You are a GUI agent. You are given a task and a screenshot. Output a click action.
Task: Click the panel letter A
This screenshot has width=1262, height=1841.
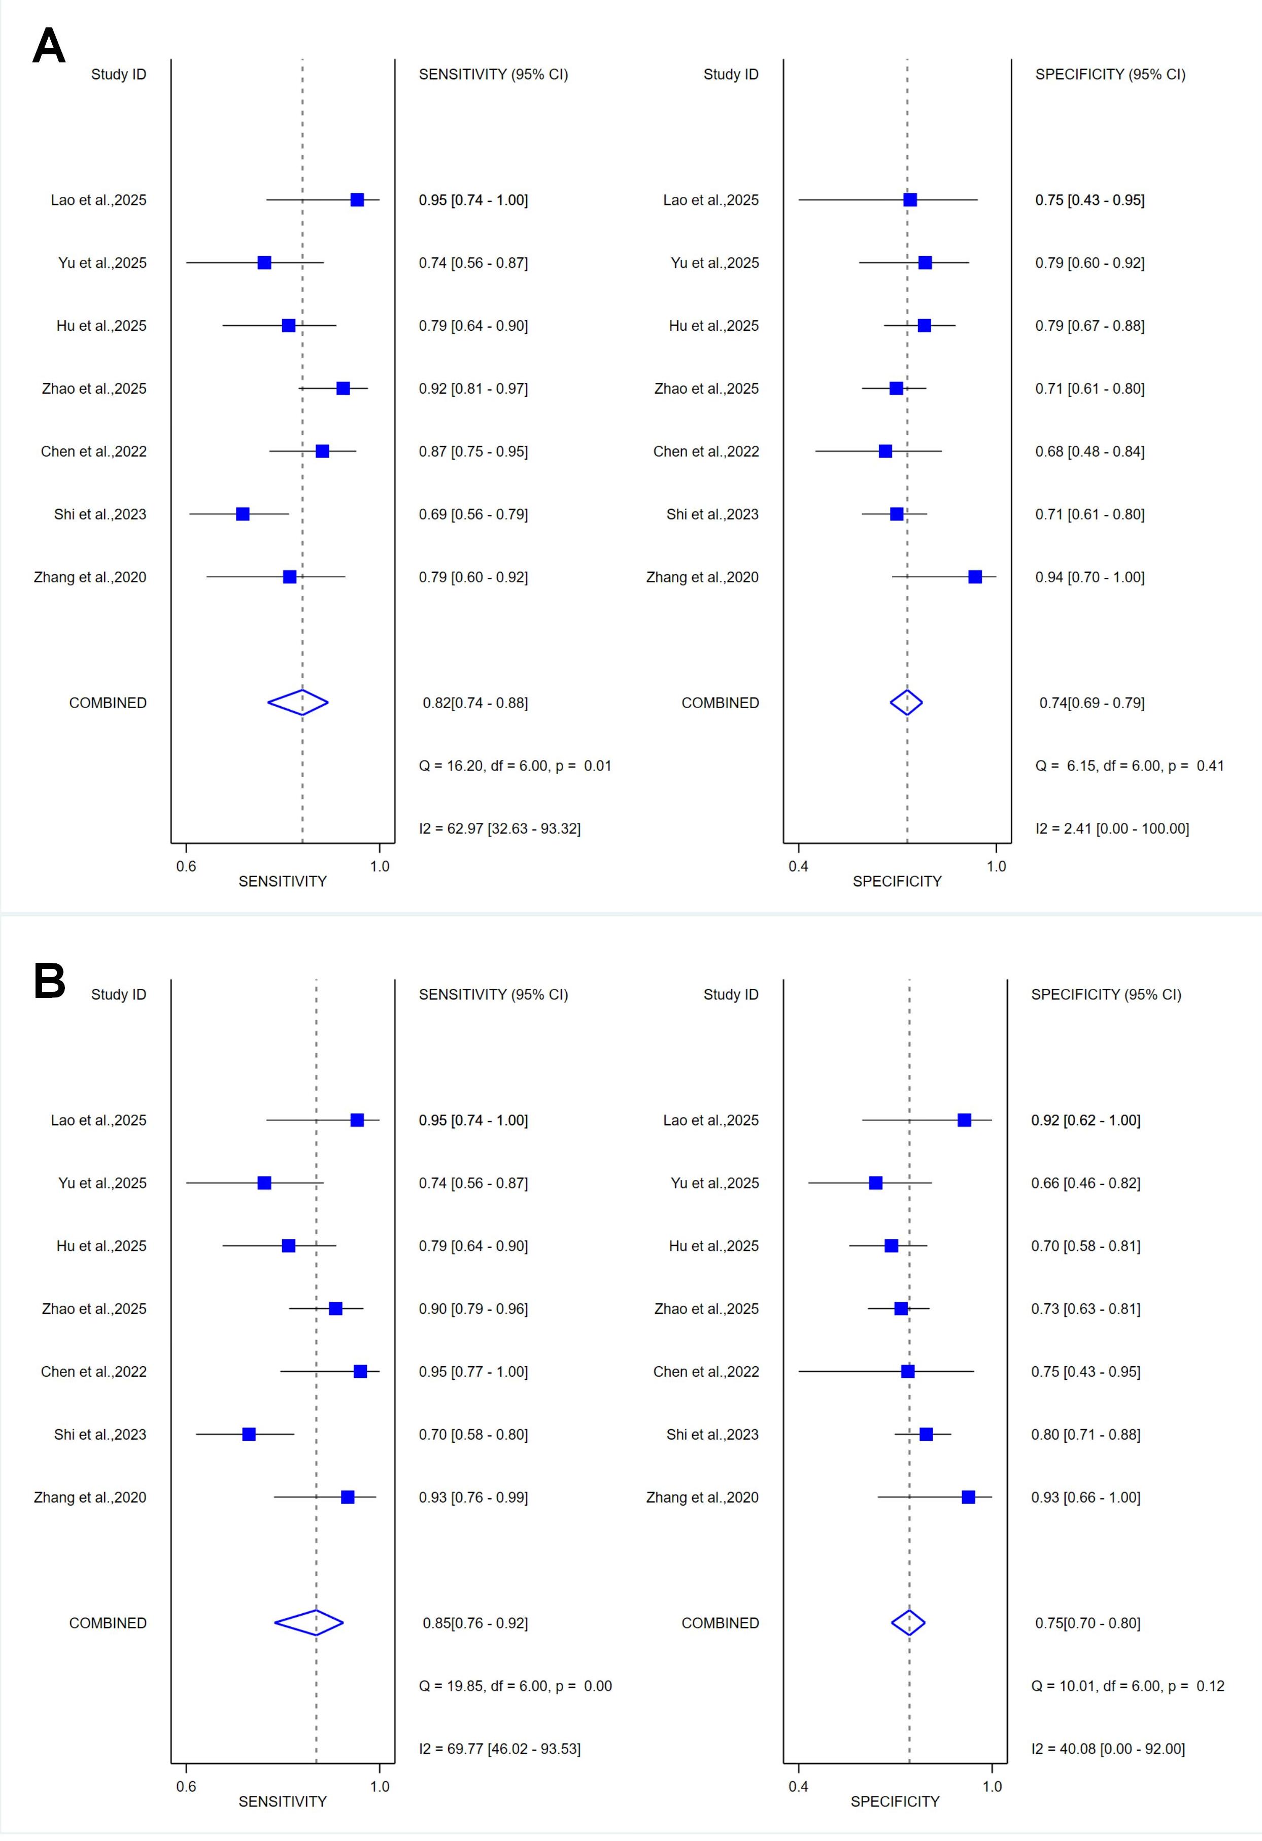coord(48,46)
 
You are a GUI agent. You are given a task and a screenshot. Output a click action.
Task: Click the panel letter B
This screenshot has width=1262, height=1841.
coord(49,982)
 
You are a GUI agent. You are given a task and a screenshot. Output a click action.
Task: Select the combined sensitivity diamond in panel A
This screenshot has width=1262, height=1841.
coord(298,703)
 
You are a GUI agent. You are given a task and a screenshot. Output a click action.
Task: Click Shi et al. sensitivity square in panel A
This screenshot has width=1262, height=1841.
coord(243,514)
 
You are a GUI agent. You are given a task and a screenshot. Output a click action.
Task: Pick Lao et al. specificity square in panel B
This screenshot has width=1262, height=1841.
coord(964,1120)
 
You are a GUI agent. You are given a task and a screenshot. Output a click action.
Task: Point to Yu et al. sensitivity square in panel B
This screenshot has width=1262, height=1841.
coord(264,1183)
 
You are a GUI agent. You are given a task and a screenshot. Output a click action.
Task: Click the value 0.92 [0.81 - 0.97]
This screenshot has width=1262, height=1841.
coord(473,388)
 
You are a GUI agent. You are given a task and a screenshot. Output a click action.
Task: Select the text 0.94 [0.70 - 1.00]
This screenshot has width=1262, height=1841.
coord(1089,577)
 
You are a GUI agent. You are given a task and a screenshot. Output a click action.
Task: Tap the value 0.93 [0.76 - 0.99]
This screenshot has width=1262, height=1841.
coord(473,1497)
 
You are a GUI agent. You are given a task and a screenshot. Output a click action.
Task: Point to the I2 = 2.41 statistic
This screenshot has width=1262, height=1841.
coord(1111,828)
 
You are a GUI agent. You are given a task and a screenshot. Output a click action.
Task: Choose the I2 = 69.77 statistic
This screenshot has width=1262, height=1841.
coord(499,1748)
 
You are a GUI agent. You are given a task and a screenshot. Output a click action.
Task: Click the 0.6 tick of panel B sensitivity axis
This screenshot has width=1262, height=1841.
coord(186,1786)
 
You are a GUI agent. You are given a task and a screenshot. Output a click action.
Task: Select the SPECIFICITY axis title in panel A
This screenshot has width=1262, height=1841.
coord(897,881)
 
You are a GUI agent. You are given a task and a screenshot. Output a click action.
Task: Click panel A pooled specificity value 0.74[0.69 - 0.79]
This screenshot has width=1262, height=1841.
coord(1092,703)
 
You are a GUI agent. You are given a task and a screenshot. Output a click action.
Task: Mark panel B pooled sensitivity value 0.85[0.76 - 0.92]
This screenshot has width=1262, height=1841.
coord(475,1623)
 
